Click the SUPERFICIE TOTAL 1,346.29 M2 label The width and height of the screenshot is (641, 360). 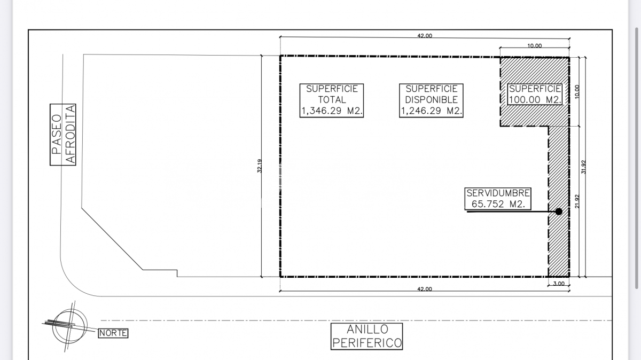pyautogui.click(x=332, y=100)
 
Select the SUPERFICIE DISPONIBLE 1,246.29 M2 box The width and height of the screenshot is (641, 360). pyautogui.click(x=431, y=100)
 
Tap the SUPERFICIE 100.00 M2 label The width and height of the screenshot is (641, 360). pyautogui.click(x=535, y=94)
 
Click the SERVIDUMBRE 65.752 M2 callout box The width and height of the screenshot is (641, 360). pyautogui.click(x=498, y=199)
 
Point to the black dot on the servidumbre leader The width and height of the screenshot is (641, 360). pyautogui.click(x=559, y=212)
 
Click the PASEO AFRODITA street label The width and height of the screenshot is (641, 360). pyautogui.click(x=63, y=135)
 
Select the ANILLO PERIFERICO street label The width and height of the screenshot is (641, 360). pyautogui.click(x=367, y=336)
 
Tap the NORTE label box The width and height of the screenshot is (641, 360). pyautogui.click(x=113, y=333)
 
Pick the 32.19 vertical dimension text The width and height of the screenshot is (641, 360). pyautogui.click(x=260, y=166)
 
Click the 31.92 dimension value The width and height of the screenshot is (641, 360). pyautogui.click(x=584, y=167)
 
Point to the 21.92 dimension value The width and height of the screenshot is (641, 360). pyautogui.click(x=577, y=201)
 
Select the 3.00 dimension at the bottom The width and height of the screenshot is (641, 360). pyautogui.click(x=559, y=284)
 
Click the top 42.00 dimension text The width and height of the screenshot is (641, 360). pyautogui.click(x=425, y=36)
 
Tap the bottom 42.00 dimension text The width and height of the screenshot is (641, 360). pyautogui.click(x=425, y=289)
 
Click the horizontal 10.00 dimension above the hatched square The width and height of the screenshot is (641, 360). pyautogui.click(x=535, y=46)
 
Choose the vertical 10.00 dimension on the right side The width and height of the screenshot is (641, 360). pyautogui.click(x=577, y=91)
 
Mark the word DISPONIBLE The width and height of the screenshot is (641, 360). pyautogui.click(x=432, y=100)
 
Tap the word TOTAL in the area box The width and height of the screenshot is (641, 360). pyautogui.click(x=332, y=100)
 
